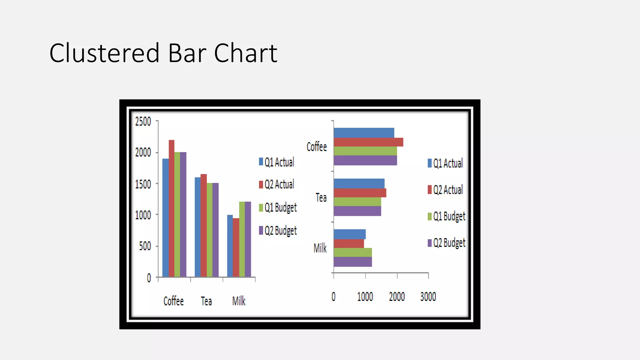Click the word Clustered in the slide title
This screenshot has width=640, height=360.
coord(104,53)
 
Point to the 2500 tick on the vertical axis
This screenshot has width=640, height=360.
coord(143,121)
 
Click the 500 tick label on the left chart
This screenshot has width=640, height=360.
coord(145,246)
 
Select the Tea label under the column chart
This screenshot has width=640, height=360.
coord(206,301)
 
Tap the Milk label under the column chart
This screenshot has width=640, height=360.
coord(239,301)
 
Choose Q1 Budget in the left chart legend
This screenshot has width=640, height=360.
coord(280,207)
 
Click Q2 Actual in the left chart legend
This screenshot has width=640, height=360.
coord(279,184)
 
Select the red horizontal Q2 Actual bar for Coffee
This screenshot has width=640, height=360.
coord(368,142)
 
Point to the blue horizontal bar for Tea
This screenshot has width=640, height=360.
coord(359,183)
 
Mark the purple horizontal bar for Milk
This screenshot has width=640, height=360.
coord(352,262)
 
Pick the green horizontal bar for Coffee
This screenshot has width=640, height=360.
coord(365,151)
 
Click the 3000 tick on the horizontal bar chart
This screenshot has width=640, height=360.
coord(428,297)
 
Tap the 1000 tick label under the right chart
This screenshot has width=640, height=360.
coord(365,297)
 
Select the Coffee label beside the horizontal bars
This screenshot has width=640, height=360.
coord(317,147)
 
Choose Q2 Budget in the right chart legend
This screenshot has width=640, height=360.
coord(449,243)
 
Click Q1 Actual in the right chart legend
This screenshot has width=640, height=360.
coord(448,163)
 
